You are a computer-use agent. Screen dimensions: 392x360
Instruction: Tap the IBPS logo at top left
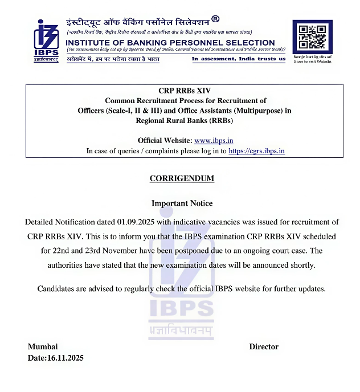pos(46,40)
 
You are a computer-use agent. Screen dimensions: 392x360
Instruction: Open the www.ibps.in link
pos(214,141)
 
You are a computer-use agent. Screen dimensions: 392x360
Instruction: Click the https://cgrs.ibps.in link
pos(256,151)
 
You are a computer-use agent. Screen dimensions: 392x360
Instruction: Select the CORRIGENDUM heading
pos(182,178)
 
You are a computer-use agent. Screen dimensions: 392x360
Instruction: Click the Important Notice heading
pos(182,203)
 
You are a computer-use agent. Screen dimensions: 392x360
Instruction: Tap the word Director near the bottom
pos(264,346)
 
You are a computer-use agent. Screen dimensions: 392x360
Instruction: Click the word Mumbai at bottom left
pos(43,346)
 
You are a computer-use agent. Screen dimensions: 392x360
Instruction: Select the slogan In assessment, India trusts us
pos(238,59)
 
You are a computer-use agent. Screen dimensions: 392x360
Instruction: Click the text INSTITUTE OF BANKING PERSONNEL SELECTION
pos(170,43)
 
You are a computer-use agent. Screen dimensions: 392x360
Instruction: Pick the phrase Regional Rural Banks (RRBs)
pos(184,120)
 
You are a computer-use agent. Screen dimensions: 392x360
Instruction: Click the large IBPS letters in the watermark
pos(181,309)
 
